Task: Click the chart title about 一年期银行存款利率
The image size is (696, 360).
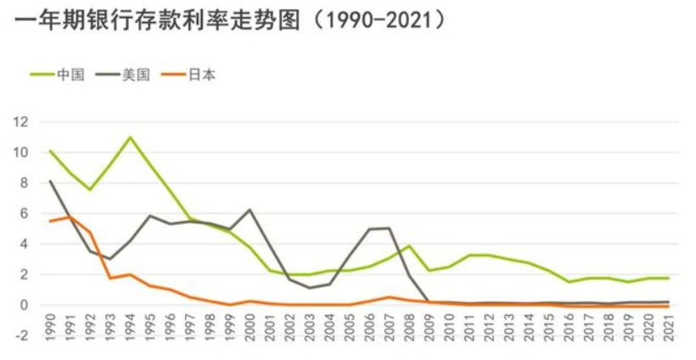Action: (229, 20)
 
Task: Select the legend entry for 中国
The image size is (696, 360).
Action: (57, 75)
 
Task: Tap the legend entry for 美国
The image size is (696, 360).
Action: (123, 75)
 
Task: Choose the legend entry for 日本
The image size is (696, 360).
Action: (188, 75)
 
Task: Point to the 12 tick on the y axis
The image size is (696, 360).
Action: (20, 122)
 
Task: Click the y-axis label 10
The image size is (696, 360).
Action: (20, 153)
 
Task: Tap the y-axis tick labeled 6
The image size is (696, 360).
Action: (24, 213)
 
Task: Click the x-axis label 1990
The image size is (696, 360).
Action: (50, 326)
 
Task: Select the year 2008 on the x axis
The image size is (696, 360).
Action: (409, 326)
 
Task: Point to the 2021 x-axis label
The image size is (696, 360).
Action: (668, 326)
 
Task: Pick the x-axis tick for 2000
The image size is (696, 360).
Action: (250, 326)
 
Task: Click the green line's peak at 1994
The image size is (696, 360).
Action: (130, 138)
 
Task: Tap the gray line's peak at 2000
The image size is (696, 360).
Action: (250, 210)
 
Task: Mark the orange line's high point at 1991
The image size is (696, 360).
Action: (70, 217)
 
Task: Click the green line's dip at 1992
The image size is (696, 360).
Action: (90, 190)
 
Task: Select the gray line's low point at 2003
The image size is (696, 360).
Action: (310, 288)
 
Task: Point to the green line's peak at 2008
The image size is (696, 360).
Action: (409, 245)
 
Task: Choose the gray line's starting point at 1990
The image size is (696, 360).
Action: (50, 181)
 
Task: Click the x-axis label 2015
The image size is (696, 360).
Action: (548, 326)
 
